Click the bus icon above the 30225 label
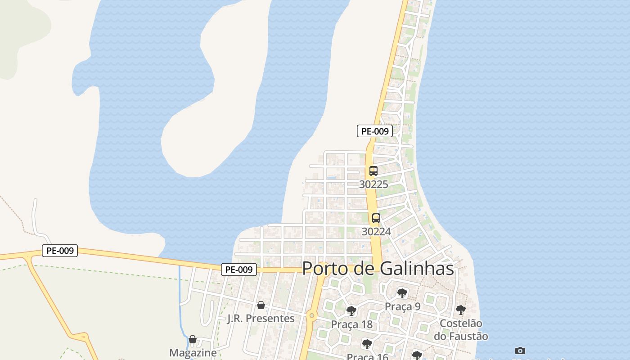tap(373, 171)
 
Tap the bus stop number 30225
tap(373, 184)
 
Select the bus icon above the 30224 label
tap(376, 218)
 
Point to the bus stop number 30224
tap(376, 231)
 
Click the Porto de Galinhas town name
tap(378, 269)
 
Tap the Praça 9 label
tap(402, 306)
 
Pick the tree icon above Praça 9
tap(402, 293)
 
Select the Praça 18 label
tap(351, 324)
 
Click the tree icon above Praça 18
tap(351, 311)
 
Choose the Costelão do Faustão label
tap(461, 329)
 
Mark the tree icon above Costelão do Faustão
tap(460, 310)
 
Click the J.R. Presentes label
tap(261, 319)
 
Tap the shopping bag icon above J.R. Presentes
tap(261, 306)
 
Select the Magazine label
tap(193, 353)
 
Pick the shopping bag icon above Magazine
tap(193, 339)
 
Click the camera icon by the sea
tap(520, 351)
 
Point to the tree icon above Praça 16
tap(367, 344)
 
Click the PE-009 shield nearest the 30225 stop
tap(375, 131)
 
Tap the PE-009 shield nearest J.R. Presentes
tap(239, 270)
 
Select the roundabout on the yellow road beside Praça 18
tap(311, 315)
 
